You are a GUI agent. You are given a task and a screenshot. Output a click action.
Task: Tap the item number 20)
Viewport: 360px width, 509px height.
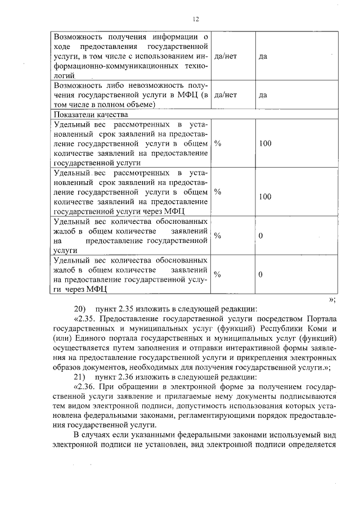tap(79, 308)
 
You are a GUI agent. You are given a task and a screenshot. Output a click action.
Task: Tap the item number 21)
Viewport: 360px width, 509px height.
tap(79, 376)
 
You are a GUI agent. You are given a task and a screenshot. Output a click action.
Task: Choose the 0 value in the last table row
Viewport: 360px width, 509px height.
tap(260, 275)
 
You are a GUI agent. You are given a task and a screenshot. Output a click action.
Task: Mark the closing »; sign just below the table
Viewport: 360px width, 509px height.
tap(332, 298)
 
